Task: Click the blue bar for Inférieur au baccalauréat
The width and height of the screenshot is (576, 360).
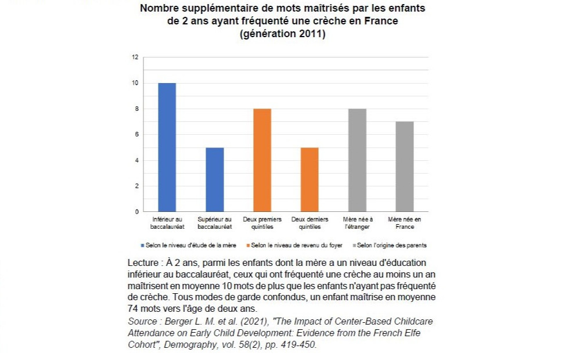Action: coord(167,147)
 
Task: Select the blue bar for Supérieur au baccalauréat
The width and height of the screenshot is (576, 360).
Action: coord(215,179)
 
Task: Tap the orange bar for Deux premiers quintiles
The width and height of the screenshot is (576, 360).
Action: coord(262,160)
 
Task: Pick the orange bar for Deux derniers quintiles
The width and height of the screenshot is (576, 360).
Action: coord(309,179)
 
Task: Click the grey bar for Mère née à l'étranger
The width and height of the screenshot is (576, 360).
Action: coord(357,160)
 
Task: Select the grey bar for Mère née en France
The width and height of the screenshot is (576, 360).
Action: coord(405,167)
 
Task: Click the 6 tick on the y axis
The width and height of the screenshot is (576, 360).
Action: coord(137,135)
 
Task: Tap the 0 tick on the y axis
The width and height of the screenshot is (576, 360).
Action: coord(137,212)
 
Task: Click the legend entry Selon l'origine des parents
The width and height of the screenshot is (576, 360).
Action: coord(393,246)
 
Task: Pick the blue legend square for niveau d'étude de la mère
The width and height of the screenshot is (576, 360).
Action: coord(142,246)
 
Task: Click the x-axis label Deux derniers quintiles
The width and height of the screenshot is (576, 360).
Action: coord(309,223)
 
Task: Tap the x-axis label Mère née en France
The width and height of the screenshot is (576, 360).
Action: coord(405,223)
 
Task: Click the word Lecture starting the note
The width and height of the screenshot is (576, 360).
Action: coord(143,262)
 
